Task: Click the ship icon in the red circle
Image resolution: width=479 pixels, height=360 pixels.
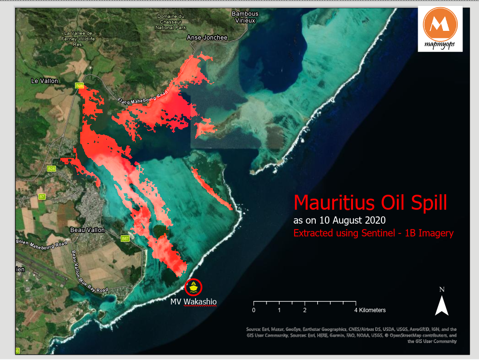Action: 194,287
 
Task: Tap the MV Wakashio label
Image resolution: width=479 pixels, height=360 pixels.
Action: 194,302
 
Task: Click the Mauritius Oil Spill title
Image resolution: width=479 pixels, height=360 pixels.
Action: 370,202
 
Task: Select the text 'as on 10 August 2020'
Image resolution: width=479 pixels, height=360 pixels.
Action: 339,220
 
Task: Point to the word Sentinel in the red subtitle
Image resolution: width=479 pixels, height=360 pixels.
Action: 380,233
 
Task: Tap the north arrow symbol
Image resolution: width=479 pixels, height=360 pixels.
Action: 441,305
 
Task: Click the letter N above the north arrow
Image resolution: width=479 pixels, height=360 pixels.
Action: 441,289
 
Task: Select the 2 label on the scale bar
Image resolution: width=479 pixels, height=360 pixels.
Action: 305,310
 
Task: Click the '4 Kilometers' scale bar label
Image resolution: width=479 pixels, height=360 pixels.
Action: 370,310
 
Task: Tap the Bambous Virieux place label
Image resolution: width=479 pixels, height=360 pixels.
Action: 245,17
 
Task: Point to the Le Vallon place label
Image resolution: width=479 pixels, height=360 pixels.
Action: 44,81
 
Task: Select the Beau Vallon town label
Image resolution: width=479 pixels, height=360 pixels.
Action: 87,230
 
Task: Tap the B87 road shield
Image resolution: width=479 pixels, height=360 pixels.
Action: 125,239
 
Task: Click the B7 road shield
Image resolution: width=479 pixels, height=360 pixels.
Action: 42,197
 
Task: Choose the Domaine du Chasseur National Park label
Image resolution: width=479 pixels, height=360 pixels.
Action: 169,22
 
